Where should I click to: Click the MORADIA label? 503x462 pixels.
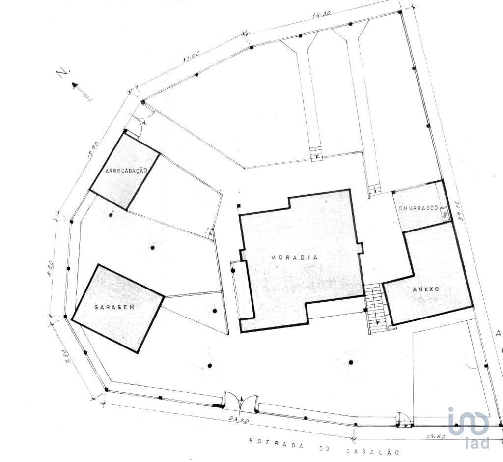(x=295, y=257)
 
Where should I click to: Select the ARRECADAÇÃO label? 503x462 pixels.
(x=126, y=171)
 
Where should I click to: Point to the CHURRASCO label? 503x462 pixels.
(x=418, y=208)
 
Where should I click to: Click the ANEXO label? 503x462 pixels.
(x=426, y=289)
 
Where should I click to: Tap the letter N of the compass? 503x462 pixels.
(x=62, y=73)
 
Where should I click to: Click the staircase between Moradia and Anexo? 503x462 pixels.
(x=377, y=307)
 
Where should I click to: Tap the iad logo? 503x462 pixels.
(x=469, y=428)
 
